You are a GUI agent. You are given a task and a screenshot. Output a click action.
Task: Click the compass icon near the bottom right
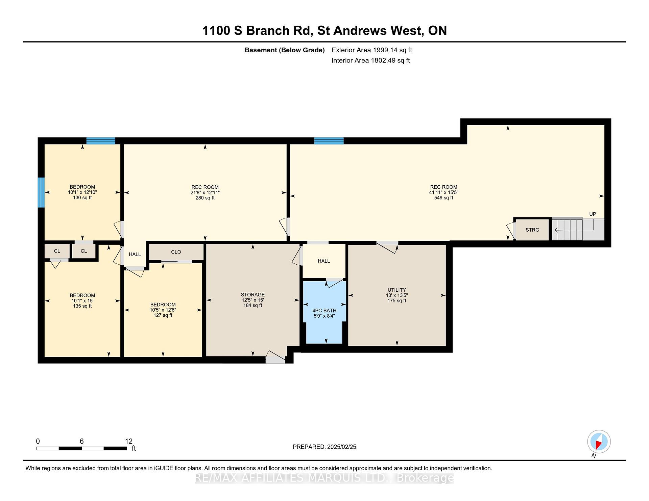click(x=599, y=442)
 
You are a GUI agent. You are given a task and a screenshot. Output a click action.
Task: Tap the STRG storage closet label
click(x=532, y=230)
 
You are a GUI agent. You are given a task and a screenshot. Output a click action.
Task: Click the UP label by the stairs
click(x=593, y=214)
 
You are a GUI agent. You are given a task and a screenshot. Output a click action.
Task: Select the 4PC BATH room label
click(x=324, y=311)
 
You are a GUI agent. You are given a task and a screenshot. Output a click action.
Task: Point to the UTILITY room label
click(x=397, y=290)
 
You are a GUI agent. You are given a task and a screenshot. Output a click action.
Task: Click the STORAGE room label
click(x=253, y=295)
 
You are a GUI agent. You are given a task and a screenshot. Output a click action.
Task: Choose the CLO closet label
click(x=176, y=252)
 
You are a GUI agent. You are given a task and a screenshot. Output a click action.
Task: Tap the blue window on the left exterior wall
click(x=41, y=192)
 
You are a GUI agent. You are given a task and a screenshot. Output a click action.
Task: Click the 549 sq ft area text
click(x=443, y=198)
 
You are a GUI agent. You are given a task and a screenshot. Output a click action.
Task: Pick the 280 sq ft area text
click(x=205, y=198)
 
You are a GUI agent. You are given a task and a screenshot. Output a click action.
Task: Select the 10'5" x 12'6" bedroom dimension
click(x=163, y=310)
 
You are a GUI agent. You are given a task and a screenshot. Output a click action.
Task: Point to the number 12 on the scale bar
click(x=128, y=441)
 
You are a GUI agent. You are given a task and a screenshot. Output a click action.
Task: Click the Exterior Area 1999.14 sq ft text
click(x=371, y=50)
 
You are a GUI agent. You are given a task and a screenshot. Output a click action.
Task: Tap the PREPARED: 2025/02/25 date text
click(x=324, y=447)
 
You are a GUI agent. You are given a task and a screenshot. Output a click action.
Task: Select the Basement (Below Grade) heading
click(x=285, y=50)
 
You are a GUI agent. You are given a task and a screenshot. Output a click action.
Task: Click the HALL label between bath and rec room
click(x=324, y=261)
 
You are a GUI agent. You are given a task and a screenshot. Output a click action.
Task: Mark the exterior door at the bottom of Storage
click(x=275, y=358)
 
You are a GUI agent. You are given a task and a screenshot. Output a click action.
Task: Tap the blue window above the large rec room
click(x=329, y=141)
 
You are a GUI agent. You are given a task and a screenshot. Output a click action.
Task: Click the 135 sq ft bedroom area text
click(x=82, y=306)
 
